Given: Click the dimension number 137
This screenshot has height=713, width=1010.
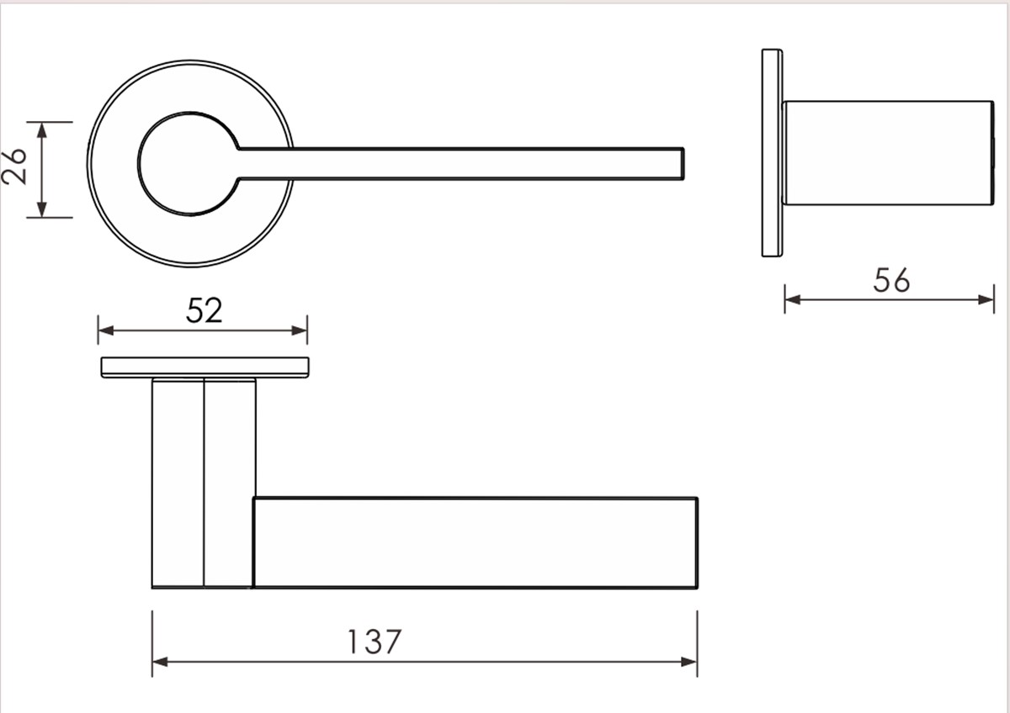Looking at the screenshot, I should tap(375, 642).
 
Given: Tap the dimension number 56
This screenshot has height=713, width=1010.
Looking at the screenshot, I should tap(891, 281).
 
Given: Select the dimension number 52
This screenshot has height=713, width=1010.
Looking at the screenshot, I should tap(204, 311).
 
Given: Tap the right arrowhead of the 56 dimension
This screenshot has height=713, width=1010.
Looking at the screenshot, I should tap(987, 298).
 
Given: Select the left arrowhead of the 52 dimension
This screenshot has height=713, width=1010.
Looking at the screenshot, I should tap(105, 330).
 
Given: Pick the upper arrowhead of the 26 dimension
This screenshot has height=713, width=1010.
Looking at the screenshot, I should tap(40, 129).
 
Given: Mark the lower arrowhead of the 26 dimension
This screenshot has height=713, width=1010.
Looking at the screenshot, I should tap(40, 210).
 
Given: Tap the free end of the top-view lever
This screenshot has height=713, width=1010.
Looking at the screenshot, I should tap(681, 164).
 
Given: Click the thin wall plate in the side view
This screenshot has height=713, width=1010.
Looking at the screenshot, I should tap(772, 152).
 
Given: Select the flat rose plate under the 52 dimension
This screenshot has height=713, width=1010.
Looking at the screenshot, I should tap(205, 367).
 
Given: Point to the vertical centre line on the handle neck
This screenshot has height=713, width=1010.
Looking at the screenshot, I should tap(204, 483).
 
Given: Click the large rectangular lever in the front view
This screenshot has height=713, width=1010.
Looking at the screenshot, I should tap(476, 542).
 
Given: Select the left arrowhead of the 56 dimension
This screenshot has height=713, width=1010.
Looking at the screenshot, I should tap(792, 298).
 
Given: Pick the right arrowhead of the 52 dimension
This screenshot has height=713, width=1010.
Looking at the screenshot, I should tap(300, 330).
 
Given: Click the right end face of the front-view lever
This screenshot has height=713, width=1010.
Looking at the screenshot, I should tap(696, 542).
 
